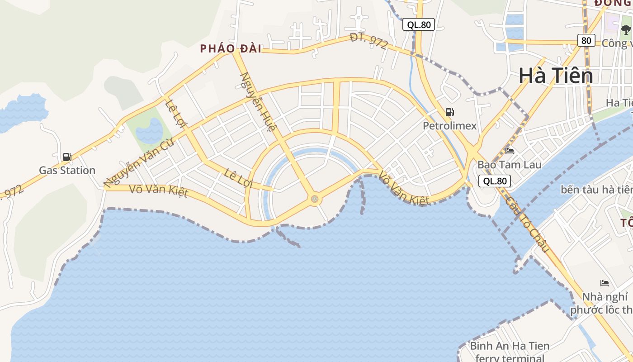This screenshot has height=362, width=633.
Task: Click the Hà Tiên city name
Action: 555,76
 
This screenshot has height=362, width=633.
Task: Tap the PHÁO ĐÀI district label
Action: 231,49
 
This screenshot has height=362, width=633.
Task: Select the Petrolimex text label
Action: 449,126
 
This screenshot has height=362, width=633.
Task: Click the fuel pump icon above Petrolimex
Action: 449,112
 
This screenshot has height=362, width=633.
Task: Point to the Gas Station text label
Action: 67,171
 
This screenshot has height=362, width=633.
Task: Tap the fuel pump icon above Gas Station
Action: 67,157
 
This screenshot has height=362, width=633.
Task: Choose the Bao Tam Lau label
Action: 509,165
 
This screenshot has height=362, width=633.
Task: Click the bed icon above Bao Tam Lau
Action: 510,151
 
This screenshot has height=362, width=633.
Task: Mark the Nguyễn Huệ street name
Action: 257,102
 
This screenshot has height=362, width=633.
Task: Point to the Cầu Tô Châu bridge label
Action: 527,224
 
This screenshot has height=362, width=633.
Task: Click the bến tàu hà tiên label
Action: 596,189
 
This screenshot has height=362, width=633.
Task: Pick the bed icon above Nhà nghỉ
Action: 605,283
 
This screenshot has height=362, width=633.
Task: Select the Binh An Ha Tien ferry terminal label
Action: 510,352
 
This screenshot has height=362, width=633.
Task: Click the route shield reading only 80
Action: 586,40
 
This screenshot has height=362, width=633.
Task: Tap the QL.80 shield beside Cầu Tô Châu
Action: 495,181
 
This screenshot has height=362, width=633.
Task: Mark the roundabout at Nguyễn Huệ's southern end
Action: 314,199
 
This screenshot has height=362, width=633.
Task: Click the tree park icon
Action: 626,30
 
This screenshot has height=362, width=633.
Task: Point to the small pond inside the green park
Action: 150,131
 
